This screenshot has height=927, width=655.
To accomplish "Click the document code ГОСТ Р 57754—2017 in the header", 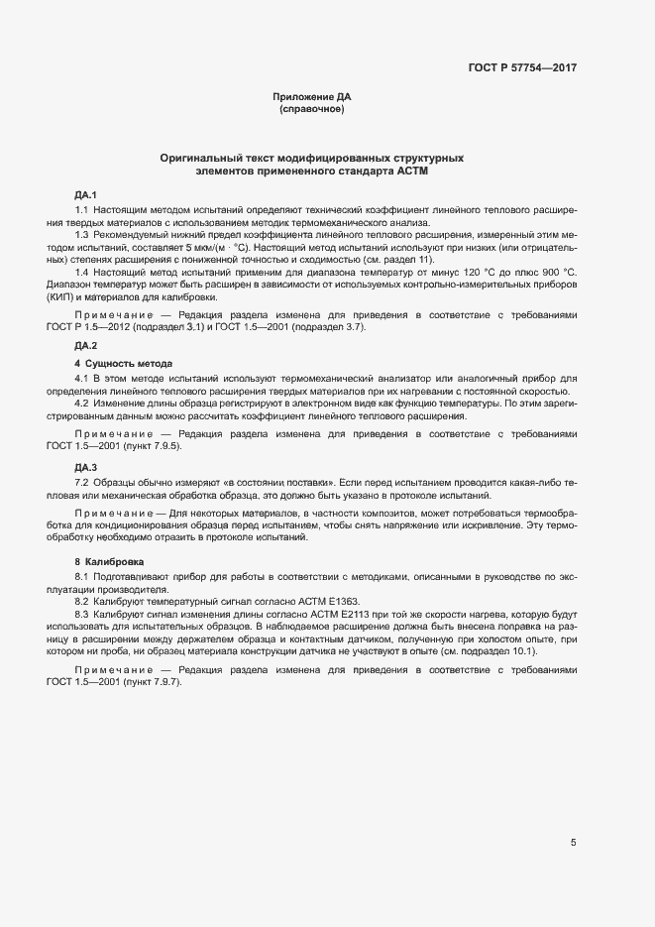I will point(522,68).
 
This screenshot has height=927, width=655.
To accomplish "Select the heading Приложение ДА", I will point(312,97).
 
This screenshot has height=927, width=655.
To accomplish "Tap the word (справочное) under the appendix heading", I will point(312,109).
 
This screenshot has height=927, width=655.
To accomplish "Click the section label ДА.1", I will point(86,192).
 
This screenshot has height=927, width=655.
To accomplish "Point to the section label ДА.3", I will point(86,466).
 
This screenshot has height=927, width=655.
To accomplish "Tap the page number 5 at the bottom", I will point(573,843).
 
